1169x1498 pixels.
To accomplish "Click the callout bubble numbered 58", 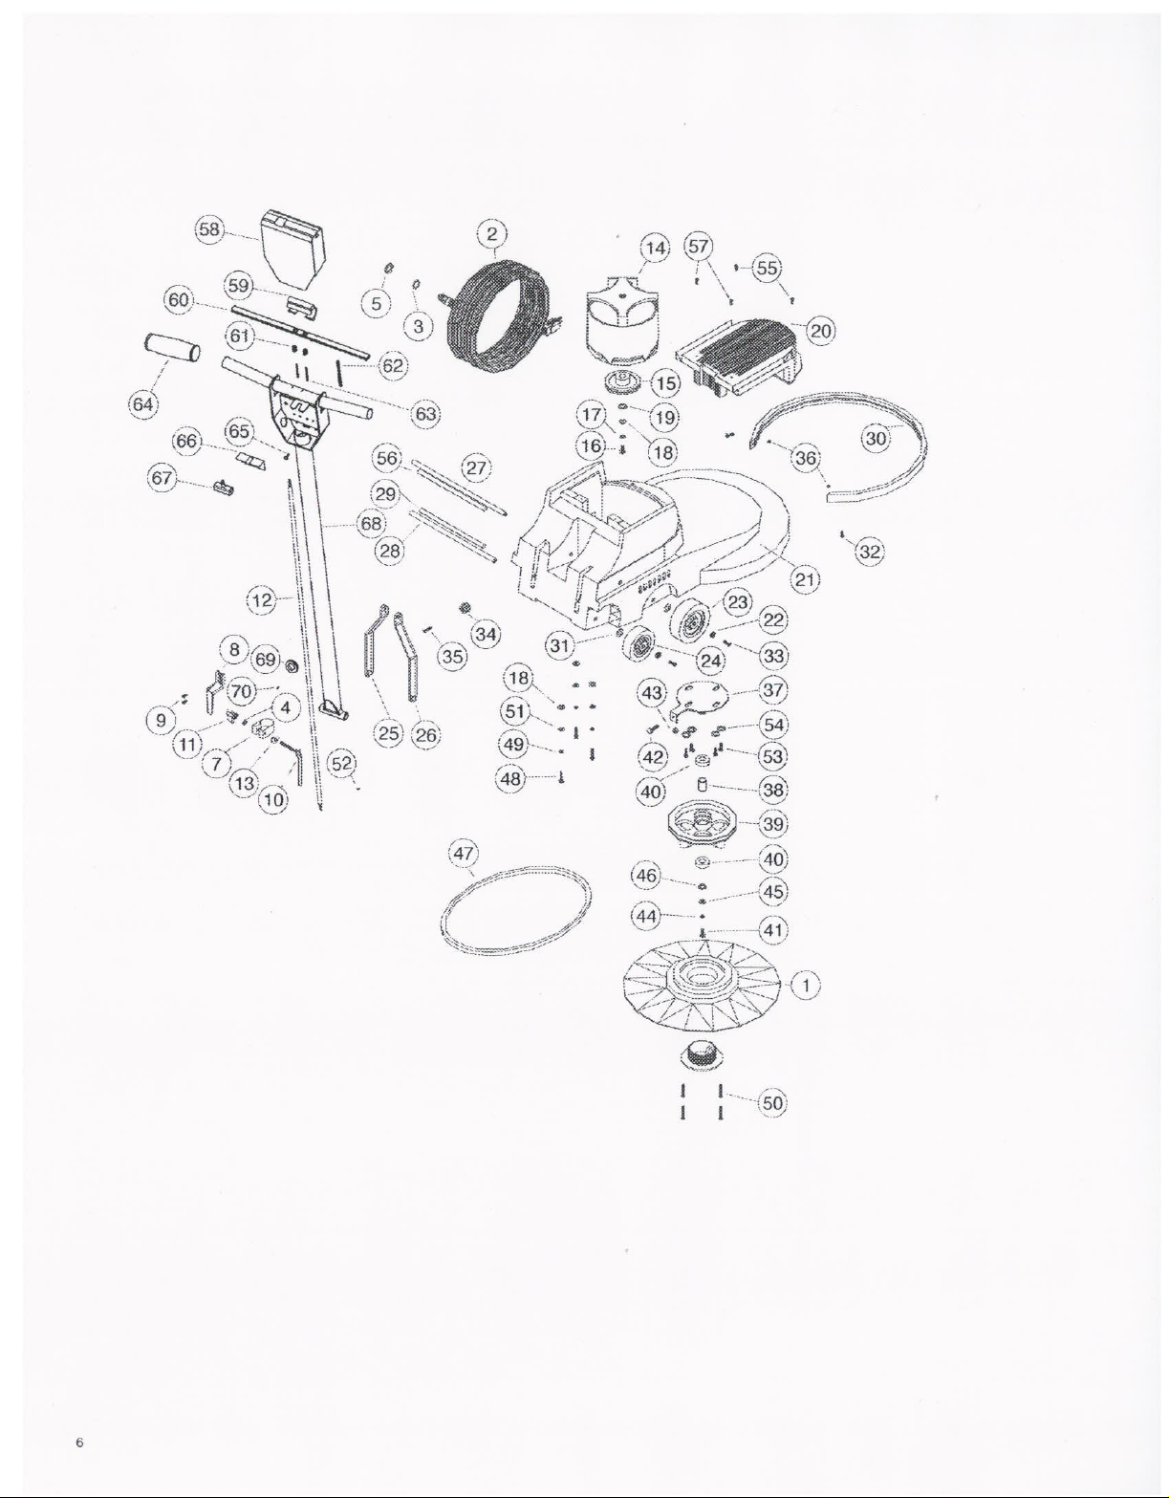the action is point(208,228).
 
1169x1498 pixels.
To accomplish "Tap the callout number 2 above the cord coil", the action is point(491,233).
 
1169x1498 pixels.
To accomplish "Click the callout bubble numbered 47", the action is point(464,854).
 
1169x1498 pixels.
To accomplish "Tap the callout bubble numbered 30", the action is point(876,439).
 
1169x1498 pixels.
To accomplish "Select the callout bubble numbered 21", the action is point(805,579).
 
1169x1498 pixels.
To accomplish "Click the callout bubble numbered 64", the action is point(142,403).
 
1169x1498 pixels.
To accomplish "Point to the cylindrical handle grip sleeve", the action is point(172,347).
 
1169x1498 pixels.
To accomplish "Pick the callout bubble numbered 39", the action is point(772,824).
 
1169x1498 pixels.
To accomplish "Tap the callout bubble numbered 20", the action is point(821,331).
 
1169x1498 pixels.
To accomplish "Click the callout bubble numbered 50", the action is point(772,1103).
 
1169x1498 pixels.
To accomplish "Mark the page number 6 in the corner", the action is point(80,1443).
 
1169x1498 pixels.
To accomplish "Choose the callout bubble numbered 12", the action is point(262,601).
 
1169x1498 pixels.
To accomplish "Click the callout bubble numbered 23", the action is point(738,602).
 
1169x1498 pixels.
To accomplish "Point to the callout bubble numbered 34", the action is point(486,634).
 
